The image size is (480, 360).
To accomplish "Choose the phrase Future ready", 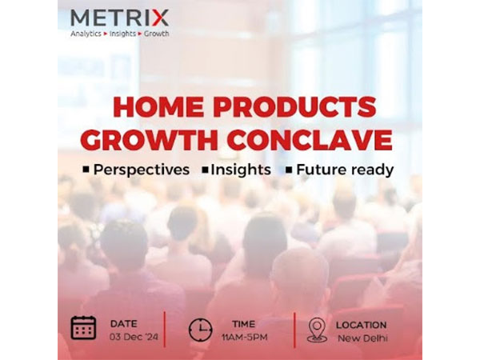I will (x=345, y=170).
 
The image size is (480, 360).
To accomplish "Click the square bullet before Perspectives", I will (x=86, y=170).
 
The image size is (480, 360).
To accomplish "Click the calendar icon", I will (x=83, y=327).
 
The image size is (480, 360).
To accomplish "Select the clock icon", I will (x=201, y=329).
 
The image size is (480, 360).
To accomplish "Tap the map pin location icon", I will (x=317, y=329).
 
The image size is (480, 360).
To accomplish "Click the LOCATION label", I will (x=361, y=325).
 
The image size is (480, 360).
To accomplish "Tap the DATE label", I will (x=124, y=323).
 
